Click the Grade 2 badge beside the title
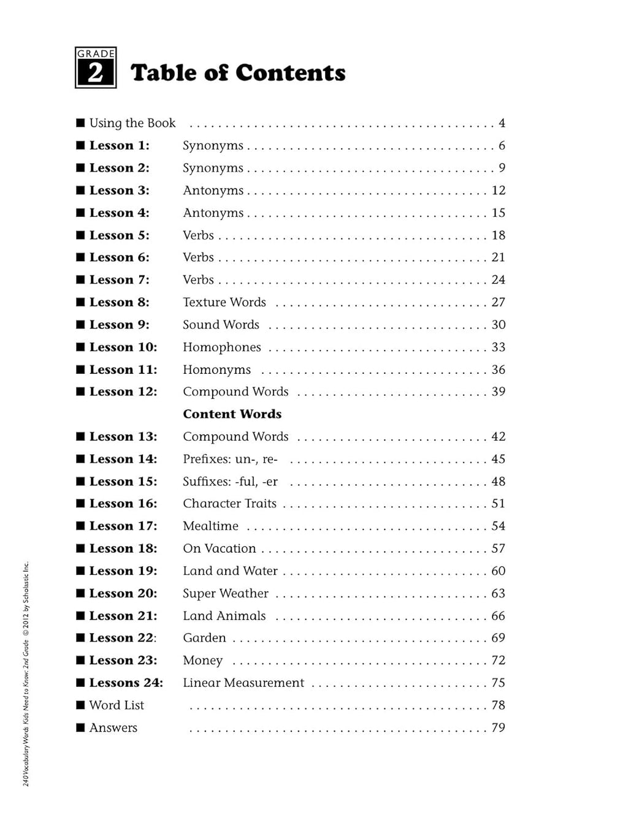96,68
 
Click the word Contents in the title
290,73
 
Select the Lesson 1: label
119,146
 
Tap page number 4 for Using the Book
502,123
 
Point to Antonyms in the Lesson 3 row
213,191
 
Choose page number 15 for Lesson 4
498,213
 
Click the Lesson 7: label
119,280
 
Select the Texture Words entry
224,302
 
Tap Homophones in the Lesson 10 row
221,347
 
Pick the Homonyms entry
216,370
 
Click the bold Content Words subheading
232,414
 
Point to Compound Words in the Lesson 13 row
235,437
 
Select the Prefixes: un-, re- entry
230,459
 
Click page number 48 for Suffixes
498,482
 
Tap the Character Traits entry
229,504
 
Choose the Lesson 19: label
123,571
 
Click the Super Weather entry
225,593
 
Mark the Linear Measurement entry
243,683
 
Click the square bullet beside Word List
80,705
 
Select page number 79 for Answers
498,727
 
